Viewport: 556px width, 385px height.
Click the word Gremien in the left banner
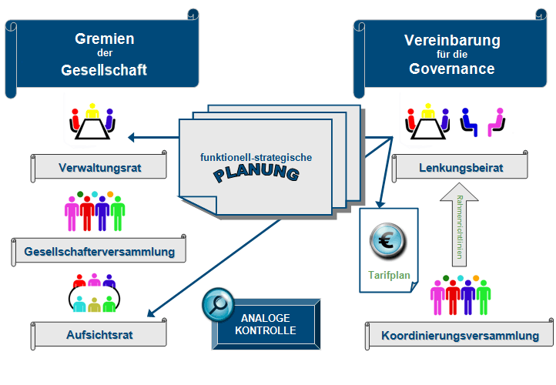(x=105, y=38)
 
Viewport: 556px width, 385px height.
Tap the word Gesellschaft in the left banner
(x=105, y=70)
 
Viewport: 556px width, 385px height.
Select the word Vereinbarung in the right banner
(x=452, y=40)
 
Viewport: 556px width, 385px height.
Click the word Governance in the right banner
(x=452, y=69)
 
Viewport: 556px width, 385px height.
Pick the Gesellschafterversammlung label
(x=99, y=252)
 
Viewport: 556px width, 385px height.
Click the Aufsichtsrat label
(x=99, y=334)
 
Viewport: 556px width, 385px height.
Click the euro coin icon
(x=389, y=241)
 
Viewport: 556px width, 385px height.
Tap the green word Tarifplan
(x=389, y=274)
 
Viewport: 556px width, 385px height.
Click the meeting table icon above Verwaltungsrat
(x=92, y=123)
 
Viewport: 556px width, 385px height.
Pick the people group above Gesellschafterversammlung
(x=95, y=212)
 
